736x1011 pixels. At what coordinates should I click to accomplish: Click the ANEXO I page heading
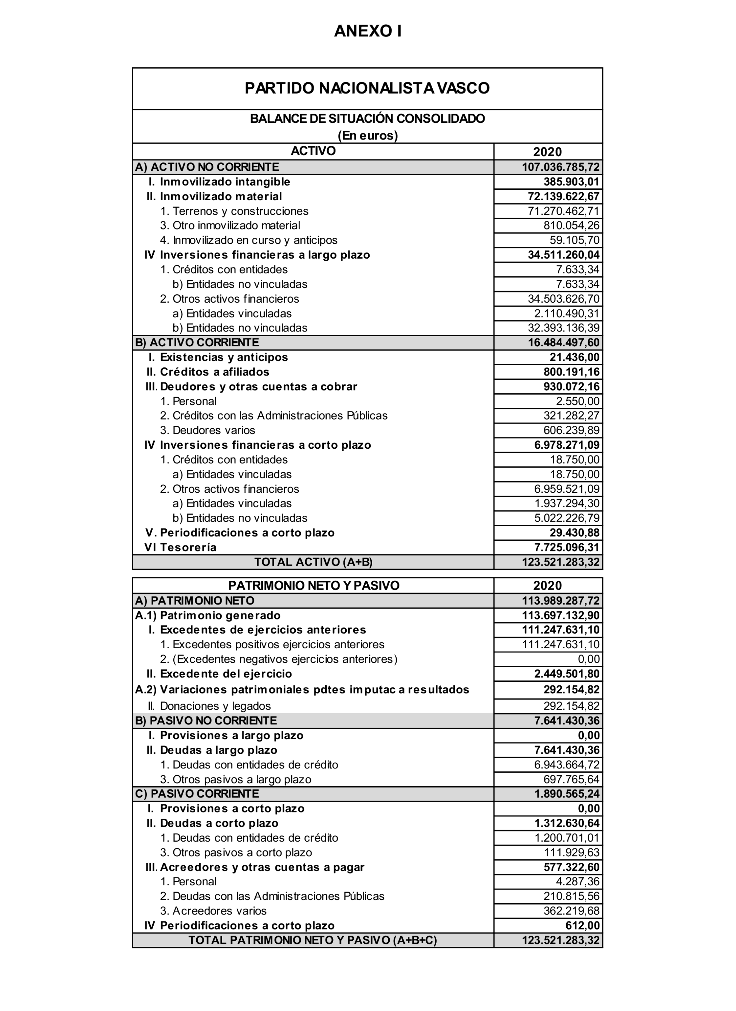click(368, 31)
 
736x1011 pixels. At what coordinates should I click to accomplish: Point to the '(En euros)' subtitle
click(367, 135)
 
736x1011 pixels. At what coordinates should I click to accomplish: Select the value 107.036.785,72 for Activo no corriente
click(561, 167)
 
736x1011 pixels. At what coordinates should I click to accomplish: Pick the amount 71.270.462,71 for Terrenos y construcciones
click(563, 211)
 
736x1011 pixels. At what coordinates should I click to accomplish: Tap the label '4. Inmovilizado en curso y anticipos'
click(248, 240)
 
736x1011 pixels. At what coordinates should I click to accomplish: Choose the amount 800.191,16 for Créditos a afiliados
click(571, 372)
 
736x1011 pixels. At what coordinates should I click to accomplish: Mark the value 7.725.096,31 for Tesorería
click(567, 547)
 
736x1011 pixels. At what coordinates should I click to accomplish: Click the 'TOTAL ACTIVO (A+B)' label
click(314, 562)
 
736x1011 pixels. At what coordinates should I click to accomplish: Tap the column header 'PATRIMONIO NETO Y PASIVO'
click(314, 585)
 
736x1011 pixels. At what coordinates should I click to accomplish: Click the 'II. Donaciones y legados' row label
click(209, 706)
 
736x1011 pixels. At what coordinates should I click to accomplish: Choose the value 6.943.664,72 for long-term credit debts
click(567, 765)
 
